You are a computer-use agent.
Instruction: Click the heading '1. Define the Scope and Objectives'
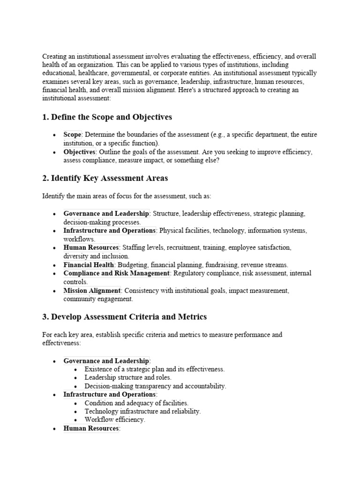click(107, 117)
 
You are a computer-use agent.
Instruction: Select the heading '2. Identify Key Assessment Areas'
click(105, 178)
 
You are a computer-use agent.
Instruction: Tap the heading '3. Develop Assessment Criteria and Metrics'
click(124, 317)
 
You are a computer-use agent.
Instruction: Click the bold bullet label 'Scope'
click(73, 135)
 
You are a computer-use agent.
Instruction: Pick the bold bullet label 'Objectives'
click(79, 152)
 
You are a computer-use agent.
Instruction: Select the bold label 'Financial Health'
click(89, 265)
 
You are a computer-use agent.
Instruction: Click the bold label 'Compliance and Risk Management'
click(116, 273)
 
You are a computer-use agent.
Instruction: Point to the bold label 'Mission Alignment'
click(92, 291)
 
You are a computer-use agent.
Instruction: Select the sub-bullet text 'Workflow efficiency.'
click(115, 420)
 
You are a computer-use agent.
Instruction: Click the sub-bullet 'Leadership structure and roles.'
click(128, 377)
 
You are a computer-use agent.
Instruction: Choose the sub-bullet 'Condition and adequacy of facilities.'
click(136, 403)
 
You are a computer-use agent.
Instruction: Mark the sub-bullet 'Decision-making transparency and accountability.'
click(155, 386)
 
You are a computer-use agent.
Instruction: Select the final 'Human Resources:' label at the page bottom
click(92, 428)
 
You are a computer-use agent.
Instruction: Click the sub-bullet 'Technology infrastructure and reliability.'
click(142, 411)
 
